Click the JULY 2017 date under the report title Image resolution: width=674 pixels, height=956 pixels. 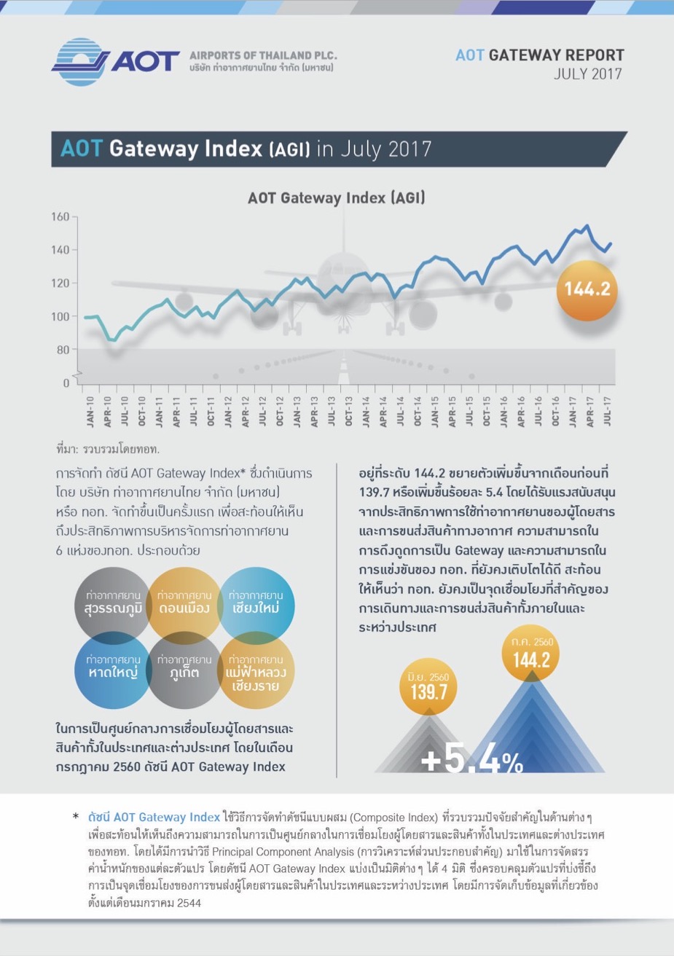tap(587, 74)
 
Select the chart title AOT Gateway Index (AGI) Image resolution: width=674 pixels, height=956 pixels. tap(336, 197)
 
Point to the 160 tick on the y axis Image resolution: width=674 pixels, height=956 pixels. tap(60, 216)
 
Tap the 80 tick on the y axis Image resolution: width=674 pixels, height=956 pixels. tap(63, 350)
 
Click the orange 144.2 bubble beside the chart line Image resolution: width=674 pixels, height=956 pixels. tap(587, 289)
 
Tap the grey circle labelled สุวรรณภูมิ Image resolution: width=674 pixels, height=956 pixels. tap(113, 603)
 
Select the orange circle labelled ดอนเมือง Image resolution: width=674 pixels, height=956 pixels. tap(184, 603)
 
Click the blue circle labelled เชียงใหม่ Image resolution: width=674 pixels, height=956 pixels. tap(256, 603)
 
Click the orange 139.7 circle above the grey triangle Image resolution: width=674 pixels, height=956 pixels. tap(428, 687)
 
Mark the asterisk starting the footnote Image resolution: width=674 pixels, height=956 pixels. tap(76, 818)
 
